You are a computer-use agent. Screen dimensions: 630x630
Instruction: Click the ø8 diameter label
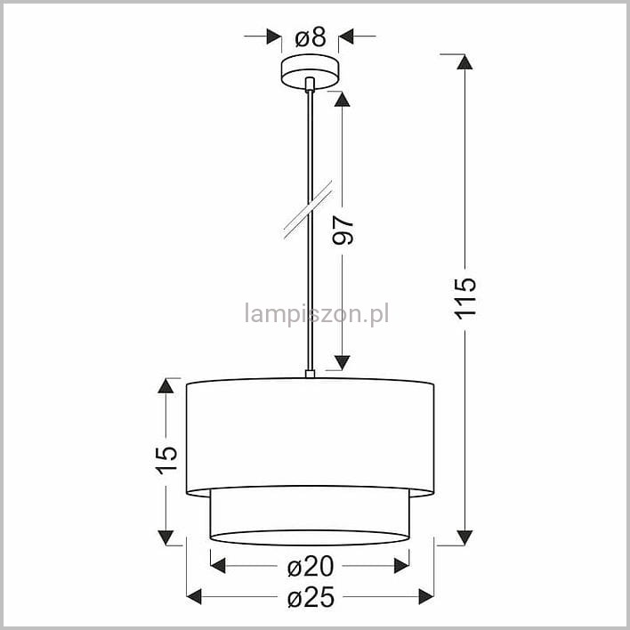[x=311, y=37]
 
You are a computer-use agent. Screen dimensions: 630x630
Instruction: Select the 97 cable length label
[x=343, y=230]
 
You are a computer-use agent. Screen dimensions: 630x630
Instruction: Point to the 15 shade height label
[x=166, y=460]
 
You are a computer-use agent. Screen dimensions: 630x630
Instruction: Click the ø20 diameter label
[x=311, y=566]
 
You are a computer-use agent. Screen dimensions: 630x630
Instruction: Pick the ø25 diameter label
[x=311, y=597]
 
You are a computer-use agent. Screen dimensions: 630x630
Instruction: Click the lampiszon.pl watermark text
[x=317, y=314]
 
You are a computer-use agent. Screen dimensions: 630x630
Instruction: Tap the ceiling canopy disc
[x=310, y=72]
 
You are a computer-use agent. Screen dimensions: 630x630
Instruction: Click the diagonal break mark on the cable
[x=308, y=210]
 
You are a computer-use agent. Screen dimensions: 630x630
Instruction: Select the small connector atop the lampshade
[x=310, y=374]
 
